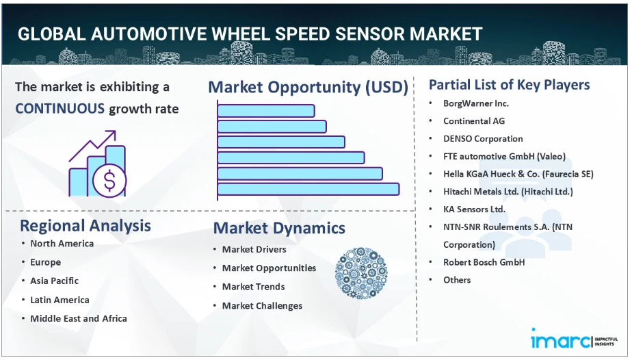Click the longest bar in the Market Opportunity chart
[308, 189]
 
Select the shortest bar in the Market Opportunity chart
[266, 111]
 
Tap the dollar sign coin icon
[109, 180]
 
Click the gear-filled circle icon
[361, 273]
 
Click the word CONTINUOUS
[60, 108]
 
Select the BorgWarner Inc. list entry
[476, 103]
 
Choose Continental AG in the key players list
[474, 121]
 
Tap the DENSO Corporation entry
[483, 139]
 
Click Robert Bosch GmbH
[484, 262]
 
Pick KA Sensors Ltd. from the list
[475, 209]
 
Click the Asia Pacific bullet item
[55, 281]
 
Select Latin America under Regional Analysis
[60, 300]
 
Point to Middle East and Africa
[79, 318]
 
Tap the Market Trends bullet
[254, 287]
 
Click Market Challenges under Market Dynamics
[263, 305]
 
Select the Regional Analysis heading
[85, 226]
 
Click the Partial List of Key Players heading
[509, 85]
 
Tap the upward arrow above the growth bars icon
[92, 145]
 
